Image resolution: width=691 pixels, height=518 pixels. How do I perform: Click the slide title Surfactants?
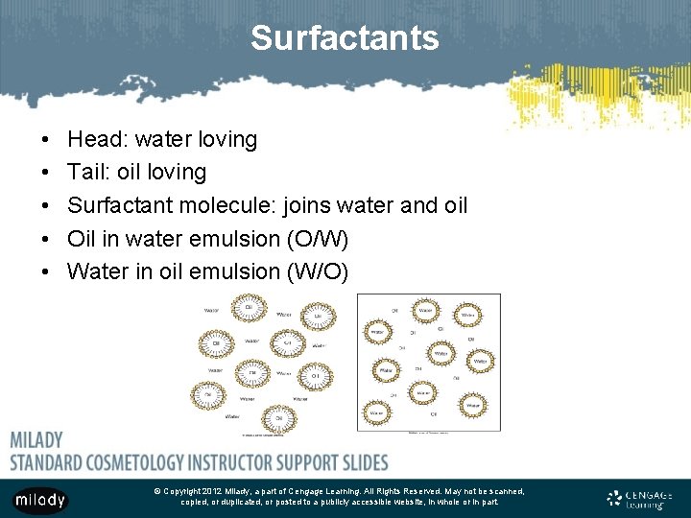(345, 38)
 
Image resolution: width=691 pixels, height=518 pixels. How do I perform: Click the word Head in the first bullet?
(93, 140)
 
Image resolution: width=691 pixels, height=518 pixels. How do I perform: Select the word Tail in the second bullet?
(87, 173)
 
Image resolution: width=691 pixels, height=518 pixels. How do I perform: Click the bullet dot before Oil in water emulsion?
(47, 239)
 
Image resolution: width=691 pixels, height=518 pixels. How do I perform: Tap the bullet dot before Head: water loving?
(47, 140)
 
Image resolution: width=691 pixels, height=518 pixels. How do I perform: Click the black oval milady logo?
(40, 500)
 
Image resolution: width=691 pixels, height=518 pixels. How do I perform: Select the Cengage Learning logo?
(639, 499)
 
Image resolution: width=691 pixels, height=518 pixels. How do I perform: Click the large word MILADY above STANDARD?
(36, 440)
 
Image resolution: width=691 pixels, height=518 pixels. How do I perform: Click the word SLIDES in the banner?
(356, 461)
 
